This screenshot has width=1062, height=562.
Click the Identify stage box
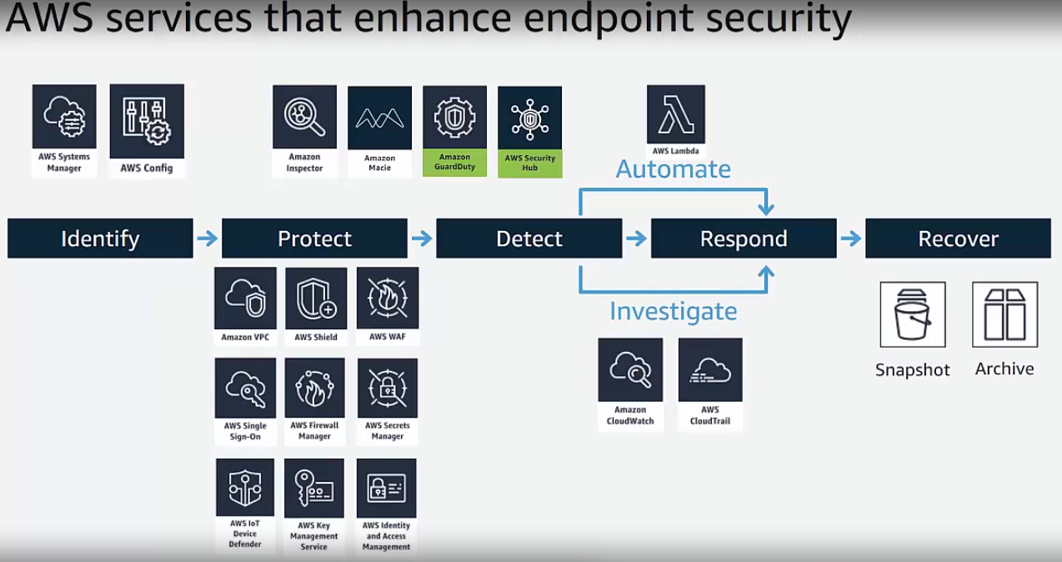coord(100,238)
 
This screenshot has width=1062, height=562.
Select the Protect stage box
coord(314,238)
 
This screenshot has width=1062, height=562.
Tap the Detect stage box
coord(528,238)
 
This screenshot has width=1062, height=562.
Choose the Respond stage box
coord(743,238)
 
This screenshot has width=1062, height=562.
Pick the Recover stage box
coord(958,238)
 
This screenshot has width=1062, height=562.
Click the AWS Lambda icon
coord(675,115)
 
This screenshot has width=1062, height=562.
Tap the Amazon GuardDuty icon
coord(454,118)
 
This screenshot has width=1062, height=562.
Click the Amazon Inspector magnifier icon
coord(304,117)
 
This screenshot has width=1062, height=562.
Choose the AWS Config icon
coord(147,121)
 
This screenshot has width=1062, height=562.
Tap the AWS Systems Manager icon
coord(64,117)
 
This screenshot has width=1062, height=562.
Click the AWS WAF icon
coord(388,298)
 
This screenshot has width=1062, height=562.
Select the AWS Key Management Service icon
coord(314,489)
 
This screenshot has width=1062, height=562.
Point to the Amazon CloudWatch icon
coord(630,369)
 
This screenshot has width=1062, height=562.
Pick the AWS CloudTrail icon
coord(710,369)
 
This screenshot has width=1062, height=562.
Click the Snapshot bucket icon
coord(912,314)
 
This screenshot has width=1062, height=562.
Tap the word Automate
coord(673,169)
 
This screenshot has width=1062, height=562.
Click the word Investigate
coord(673,311)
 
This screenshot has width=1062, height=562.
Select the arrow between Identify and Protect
coord(207,239)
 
